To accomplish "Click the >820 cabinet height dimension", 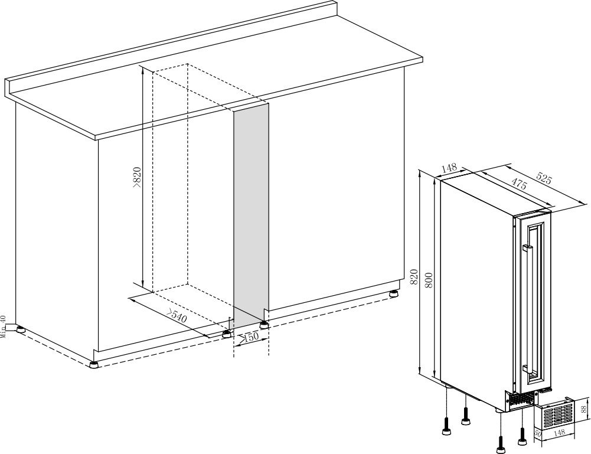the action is tap(137, 177).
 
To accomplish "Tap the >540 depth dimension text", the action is tap(177, 316).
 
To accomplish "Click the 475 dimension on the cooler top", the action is tap(518, 184).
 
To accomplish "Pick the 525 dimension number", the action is tap(544, 178).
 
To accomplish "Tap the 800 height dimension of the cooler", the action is tap(429, 280).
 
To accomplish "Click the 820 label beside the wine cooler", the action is tap(414, 276).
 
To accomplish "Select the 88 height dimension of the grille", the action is tap(584, 409).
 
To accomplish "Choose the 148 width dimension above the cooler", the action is tap(449, 168).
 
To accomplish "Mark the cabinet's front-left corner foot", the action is tap(93, 364).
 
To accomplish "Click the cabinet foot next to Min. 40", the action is tap(19, 328).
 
